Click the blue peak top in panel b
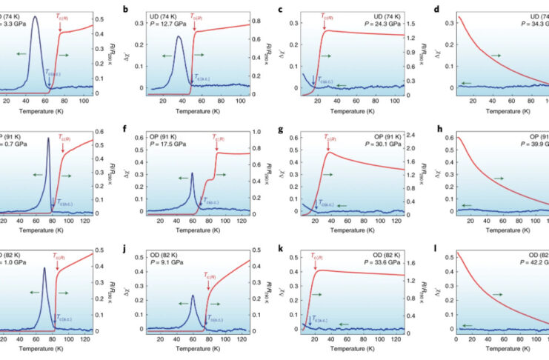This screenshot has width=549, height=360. click(x=179, y=37)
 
